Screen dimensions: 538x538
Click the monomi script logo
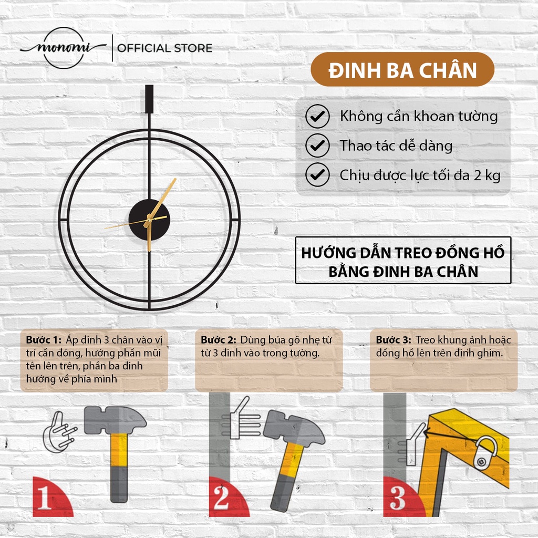click(x=64, y=48)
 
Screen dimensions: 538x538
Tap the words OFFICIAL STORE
click(x=164, y=48)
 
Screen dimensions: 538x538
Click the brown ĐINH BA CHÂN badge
click(x=402, y=69)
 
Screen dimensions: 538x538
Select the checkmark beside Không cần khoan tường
click(x=317, y=116)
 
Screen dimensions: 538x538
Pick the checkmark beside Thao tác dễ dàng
click(x=317, y=146)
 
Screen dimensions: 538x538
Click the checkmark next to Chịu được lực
click(x=317, y=174)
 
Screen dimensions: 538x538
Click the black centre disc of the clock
click(x=149, y=220)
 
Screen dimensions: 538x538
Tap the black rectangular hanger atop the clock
click(x=149, y=99)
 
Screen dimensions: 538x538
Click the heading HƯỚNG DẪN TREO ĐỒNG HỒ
click(x=403, y=253)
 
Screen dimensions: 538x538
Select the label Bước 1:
click(x=44, y=340)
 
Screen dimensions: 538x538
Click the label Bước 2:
click(x=219, y=340)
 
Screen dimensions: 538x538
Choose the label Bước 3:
click(x=394, y=340)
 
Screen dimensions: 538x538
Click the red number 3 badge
click(x=401, y=498)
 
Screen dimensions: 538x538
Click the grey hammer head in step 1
click(x=115, y=420)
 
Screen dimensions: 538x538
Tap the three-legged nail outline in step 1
click(x=58, y=433)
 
